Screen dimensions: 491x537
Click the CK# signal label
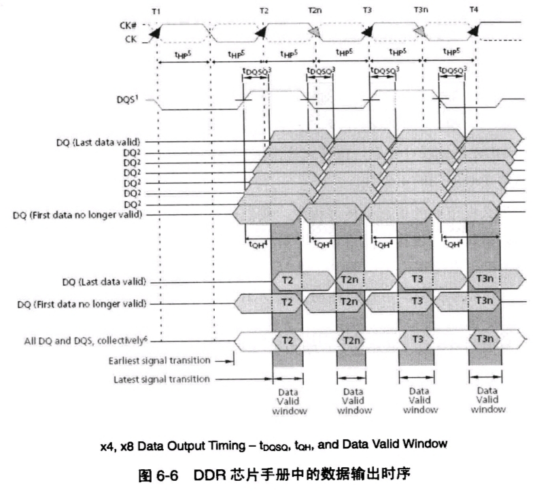(130, 25)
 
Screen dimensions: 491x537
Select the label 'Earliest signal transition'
(160, 360)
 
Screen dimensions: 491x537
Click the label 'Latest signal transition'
(162, 379)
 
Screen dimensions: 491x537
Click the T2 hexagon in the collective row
(285, 339)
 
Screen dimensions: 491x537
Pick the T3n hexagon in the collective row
(485, 339)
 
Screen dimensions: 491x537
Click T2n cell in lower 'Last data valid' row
(349, 280)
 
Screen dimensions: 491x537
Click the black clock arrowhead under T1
(154, 32)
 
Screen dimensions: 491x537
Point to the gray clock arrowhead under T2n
(314, 32)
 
